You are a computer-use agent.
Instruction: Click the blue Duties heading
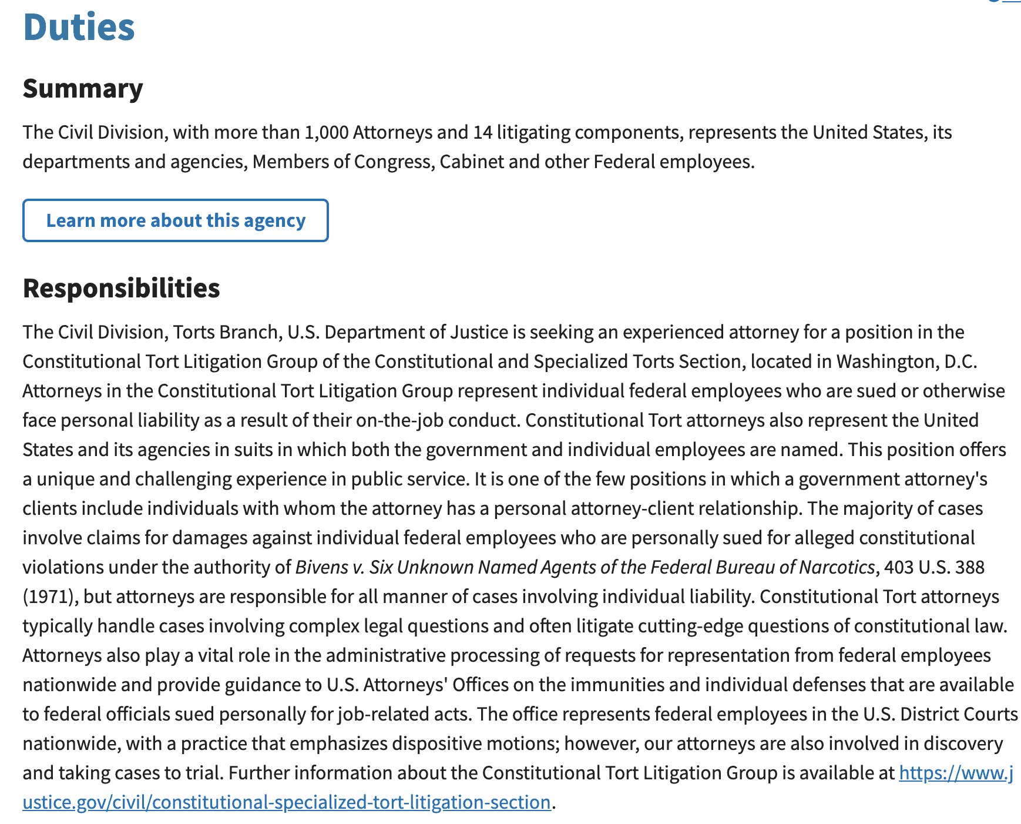pyautogui.click(x=79, y=27)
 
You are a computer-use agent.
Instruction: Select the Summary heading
pyautogui.click(x=83, y=89)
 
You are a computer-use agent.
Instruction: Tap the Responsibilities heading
pyautogui.click(x=121, y=289)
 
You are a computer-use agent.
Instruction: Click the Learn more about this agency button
pyautogui.click(x=176, y=220)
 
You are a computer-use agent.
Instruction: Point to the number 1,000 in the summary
pyautogui.click(x=327, y=132)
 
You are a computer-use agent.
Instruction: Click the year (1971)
pyautogui.click(x=48, y=597)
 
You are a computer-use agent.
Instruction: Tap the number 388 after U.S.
pyautogui.click(x=969, y=567)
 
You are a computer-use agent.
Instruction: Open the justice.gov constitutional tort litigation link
pyautogui.click(x=287, y=802)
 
